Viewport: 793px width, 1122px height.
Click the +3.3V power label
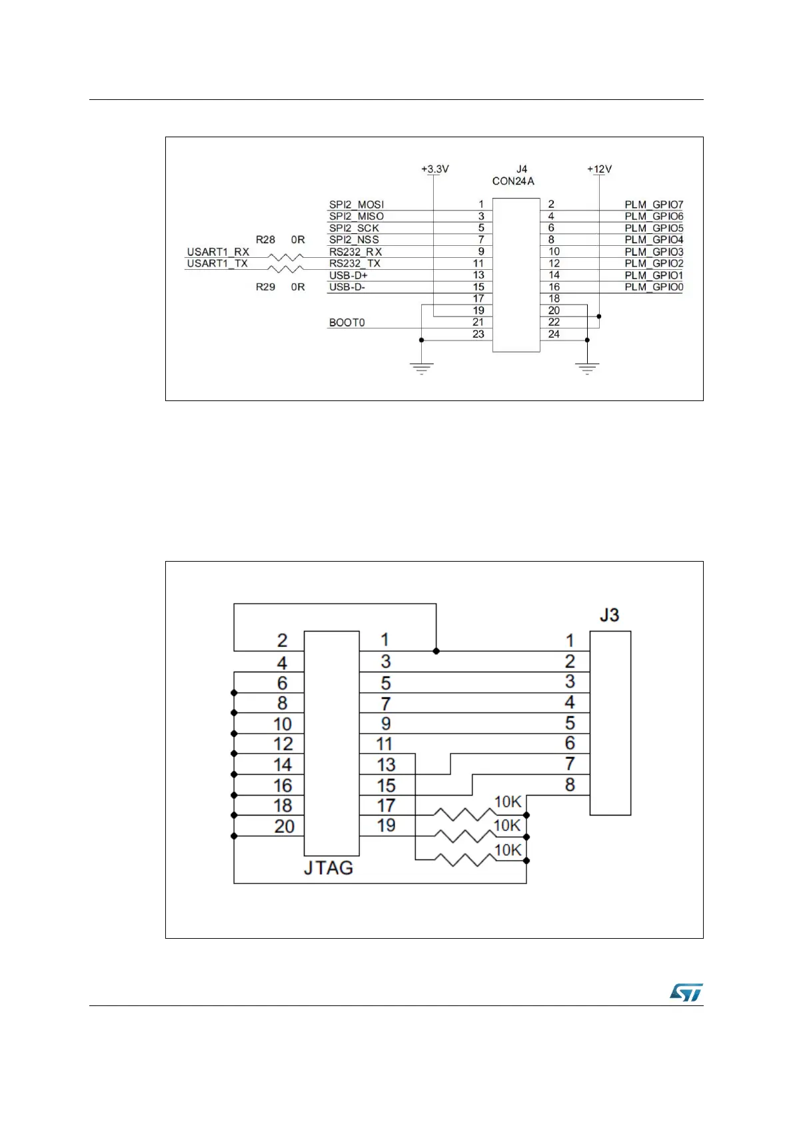pos(434,169)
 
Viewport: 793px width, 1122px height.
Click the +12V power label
pos(599,169)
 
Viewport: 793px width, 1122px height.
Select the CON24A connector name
pos(513,181)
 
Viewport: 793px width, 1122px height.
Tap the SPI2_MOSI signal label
pos(357,205)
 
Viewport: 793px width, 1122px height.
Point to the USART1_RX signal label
pos(218,252)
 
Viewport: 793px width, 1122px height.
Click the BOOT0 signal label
pos(347,322)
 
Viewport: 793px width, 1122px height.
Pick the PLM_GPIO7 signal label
pos(654,205)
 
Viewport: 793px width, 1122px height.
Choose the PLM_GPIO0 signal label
pos(654,287)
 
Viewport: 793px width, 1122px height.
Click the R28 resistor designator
pos(265,240)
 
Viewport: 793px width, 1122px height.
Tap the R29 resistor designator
pos(265,287)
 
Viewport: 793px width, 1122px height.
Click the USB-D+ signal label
pos(348,275)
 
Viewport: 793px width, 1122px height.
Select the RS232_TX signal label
pos(355,264)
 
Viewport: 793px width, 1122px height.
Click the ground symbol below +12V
pos(587,368)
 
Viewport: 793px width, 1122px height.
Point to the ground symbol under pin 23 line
pos(421,368)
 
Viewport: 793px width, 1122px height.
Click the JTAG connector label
pos(328,868)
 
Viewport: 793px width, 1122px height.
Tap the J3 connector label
pos(609,615)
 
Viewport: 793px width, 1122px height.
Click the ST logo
pos(686,993)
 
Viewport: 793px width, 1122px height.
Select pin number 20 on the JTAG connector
pos(284,827)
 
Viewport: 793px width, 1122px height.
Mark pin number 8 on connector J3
pos(570,785)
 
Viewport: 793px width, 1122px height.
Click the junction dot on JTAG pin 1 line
pos(436,651)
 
